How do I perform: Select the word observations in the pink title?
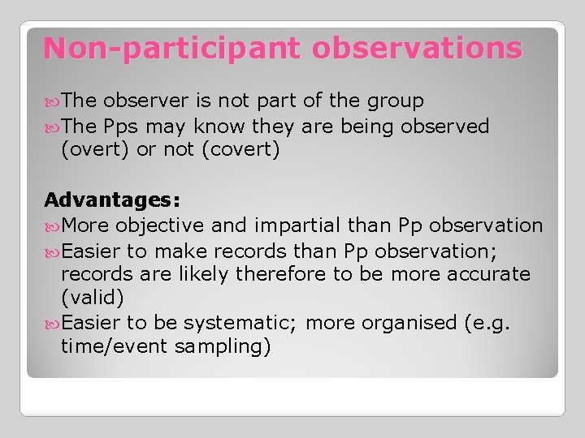[416, 49]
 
